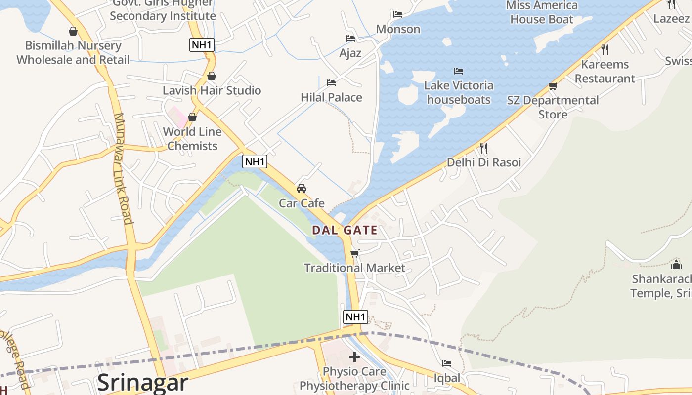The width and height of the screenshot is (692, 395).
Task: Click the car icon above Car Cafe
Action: pos(301,188)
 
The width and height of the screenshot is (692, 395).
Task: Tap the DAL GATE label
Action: pos(345,230)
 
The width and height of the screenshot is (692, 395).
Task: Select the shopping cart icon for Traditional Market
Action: pos(354,253)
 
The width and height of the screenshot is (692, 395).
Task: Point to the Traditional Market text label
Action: pos(354,268)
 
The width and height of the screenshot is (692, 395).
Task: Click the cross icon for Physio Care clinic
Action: pos(354,356)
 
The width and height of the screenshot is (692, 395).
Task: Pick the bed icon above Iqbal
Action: pos(447,363)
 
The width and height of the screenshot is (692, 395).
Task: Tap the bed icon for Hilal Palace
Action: pos(331,82)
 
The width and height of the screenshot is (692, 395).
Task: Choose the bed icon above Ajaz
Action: pos(350,39)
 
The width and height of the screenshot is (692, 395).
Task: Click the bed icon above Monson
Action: pos(398,14)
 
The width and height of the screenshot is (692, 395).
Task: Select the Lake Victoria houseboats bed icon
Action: pos(459,71)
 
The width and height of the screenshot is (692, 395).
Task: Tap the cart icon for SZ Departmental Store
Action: pos(553,86)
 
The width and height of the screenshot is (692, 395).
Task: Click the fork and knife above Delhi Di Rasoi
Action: pos(484,148)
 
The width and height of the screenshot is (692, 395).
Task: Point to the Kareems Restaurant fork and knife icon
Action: pos(605,49)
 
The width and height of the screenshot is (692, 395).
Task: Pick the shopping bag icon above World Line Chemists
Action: pos(192,117)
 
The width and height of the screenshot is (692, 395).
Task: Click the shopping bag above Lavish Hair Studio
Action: pos(212,76)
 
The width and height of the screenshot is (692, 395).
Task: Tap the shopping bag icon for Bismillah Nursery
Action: pos(73,31)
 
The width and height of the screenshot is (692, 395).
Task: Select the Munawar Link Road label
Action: pos(124,168)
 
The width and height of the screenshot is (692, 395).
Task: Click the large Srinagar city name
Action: pos(143,383)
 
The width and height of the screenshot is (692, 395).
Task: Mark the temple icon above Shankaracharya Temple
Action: pos(676,265)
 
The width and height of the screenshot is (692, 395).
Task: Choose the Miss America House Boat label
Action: pos(542,12)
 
